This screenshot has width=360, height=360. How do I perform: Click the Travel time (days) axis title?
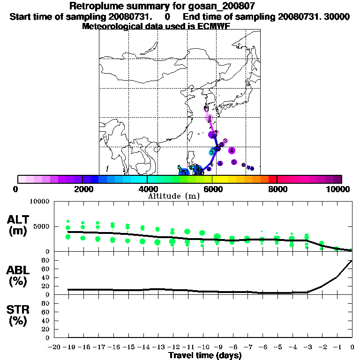click(x=205, y=356)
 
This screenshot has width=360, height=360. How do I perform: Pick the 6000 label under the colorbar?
click(x=212, y=189)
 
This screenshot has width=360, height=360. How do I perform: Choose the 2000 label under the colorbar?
click(x=83, y=189)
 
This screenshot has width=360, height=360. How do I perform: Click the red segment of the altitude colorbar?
click(x=272, y=179)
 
